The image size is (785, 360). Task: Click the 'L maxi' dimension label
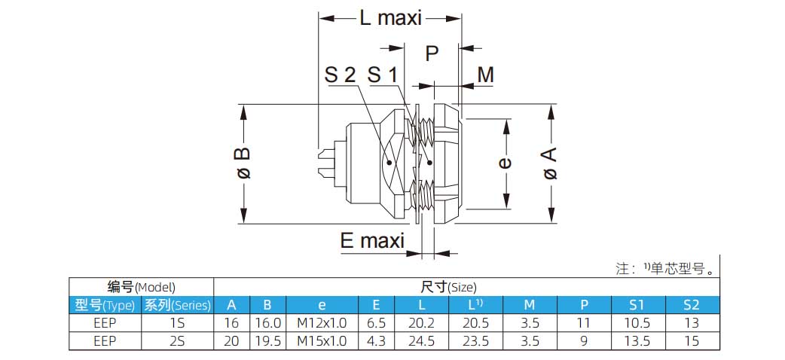point(389,17)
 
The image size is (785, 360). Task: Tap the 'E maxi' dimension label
point(372,241)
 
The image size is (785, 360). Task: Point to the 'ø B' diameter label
point(243,163)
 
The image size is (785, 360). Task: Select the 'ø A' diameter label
point(550,163)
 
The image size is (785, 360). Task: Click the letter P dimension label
point(432,53)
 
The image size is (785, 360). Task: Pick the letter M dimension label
point(485,75)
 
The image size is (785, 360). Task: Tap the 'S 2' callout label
point(340,75)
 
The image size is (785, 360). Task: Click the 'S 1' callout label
point(382,75)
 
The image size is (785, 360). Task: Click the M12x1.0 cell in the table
point(322,322)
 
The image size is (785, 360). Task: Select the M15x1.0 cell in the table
point(322,341)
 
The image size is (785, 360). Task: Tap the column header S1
point(637,305)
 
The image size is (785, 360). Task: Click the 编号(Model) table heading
point(141,287)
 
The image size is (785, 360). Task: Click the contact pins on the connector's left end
point(327,164)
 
